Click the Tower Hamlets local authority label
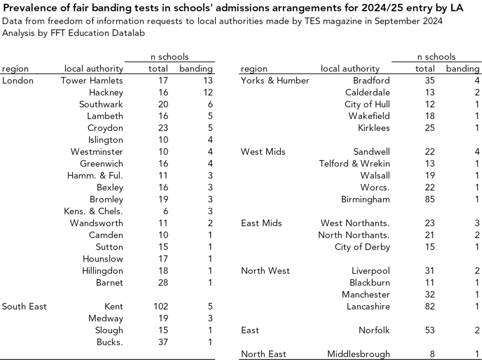(92, 80)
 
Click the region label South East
(24, 306)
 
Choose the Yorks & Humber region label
(275, 80)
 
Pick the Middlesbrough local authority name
(359, 354)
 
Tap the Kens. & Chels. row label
(93, 211)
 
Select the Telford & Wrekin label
(354, 164)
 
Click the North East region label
(263, 354)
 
